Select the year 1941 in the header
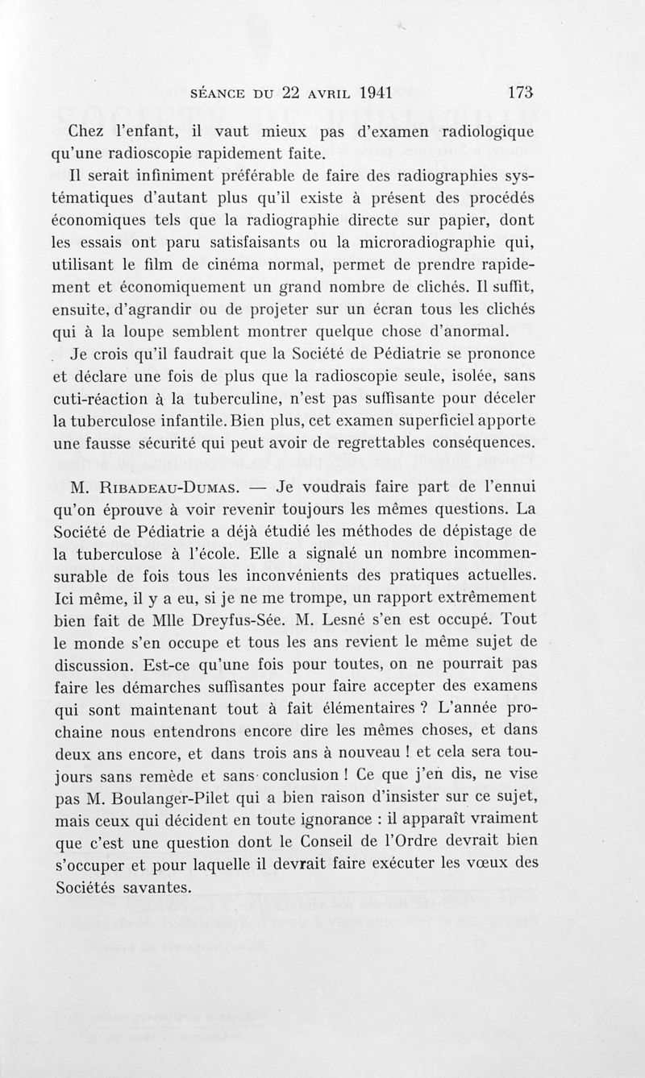coord(356,92)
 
